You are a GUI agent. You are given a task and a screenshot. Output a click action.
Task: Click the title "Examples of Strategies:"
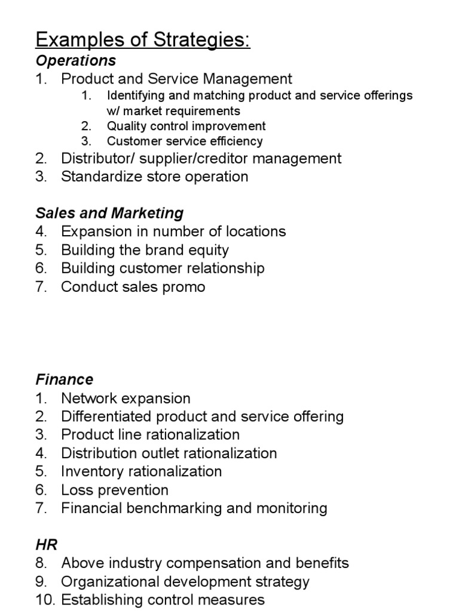[x=143, y=41]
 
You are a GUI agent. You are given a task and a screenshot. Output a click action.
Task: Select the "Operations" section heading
[x=76, y=60]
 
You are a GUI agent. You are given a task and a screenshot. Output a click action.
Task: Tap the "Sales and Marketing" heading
[x=110, y=213]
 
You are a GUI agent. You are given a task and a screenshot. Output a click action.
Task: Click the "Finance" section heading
[x=65, y=379]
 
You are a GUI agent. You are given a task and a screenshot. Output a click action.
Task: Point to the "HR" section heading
[x=47, y=544]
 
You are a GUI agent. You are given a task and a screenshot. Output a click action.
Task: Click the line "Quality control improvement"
[x=186, y=126]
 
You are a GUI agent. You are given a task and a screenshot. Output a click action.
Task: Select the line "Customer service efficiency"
[x=185, y=141]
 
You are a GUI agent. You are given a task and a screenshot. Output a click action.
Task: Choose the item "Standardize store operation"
[x=155, y=177]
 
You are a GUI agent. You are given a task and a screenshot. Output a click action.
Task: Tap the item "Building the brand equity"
[x=145, y=250]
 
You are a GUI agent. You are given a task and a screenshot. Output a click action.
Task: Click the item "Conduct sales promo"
[x=133, y=287]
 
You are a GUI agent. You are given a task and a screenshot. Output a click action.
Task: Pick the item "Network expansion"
[x=126, y=398]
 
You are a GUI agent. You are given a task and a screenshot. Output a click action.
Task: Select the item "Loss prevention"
[x=115, y=490]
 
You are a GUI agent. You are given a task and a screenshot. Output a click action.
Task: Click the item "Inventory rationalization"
[x=142, y=471]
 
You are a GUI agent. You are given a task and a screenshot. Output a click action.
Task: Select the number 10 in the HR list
[x=44, y=600]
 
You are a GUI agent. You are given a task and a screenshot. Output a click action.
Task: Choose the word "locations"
[x=252, y=232]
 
